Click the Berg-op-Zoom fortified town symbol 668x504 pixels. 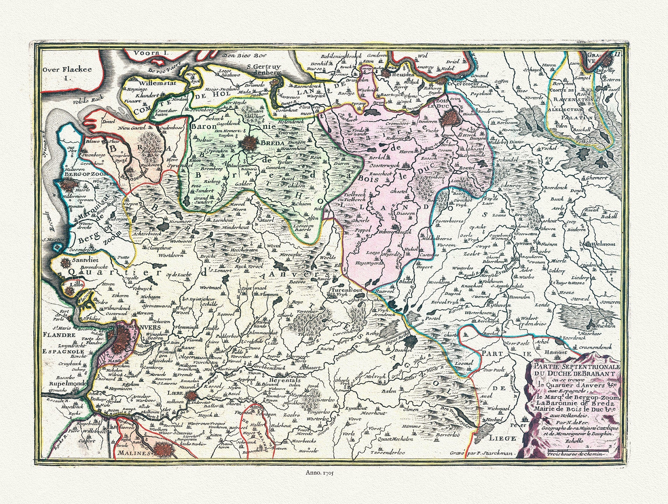pos(67,185)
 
